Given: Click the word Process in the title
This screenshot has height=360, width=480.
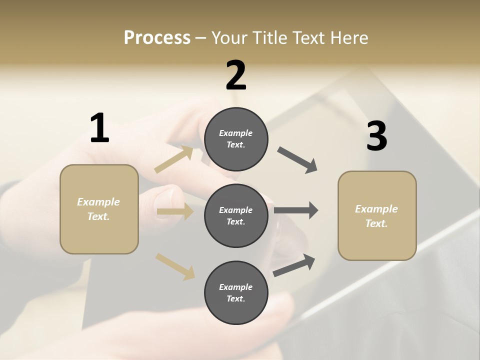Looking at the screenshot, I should pos(157,37).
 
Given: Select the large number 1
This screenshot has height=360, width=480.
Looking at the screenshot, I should pos(99,128).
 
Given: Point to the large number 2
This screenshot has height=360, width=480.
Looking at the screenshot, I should pos(236,75).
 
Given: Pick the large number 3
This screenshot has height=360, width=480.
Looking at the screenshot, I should pos(376,136).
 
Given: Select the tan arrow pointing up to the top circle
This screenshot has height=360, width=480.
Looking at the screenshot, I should pos(174,159).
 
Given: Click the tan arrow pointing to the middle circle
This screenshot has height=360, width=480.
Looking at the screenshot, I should pos(175,211).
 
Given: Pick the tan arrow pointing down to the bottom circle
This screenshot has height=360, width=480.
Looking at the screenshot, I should pos(175,266).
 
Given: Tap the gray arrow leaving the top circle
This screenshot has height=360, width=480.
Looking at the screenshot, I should pos(297,160).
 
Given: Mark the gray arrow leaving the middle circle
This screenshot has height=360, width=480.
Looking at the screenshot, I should pos(296,210).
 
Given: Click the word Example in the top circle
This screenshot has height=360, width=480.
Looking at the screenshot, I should pos(235,133).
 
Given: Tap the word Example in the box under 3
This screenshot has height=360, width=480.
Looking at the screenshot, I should pos(376,209).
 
